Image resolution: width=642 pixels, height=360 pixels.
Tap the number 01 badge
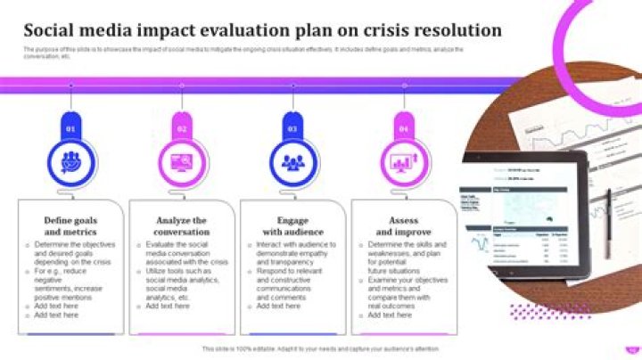71,128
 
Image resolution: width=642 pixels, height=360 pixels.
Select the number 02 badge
182,128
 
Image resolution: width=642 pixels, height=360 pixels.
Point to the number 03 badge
292,128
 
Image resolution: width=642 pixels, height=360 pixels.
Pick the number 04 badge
403,128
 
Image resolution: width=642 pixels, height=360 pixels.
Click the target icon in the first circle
71,161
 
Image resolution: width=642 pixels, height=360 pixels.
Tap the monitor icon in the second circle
182,161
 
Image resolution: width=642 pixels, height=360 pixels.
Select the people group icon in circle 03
292,161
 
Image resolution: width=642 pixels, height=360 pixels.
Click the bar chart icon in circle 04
403,161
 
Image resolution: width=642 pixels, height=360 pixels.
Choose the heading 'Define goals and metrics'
71,225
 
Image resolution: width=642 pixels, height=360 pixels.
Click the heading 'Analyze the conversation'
182,225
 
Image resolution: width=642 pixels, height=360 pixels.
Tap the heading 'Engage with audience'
292,225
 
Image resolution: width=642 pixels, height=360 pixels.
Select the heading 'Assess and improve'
403,225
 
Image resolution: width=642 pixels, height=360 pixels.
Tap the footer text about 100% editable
320,348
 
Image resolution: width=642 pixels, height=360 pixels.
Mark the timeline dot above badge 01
71,86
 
